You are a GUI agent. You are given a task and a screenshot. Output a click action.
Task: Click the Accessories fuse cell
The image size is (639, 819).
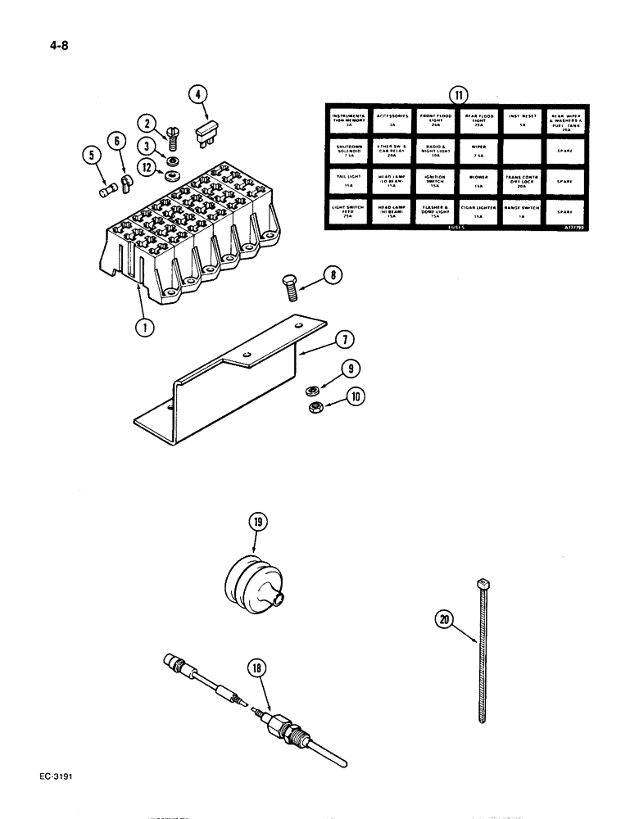point(390,120)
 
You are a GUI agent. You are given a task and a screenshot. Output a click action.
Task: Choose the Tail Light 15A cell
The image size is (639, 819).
point(347,180)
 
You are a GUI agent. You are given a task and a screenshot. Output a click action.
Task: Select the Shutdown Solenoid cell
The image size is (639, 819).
point(347,151)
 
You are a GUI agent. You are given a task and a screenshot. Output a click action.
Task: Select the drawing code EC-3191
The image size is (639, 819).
point(56,772)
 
